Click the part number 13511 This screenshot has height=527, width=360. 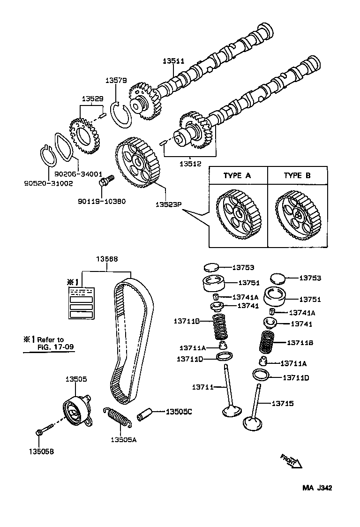click(173, 61)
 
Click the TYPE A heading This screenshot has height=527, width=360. click(237, 175)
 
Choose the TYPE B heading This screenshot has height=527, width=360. click(297, 175)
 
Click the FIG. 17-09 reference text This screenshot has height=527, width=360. click(56, 347)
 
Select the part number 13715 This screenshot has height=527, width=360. click(283, 403)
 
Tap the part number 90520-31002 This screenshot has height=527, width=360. click(49, 183)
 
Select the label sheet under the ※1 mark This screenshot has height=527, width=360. click(82, 303)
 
